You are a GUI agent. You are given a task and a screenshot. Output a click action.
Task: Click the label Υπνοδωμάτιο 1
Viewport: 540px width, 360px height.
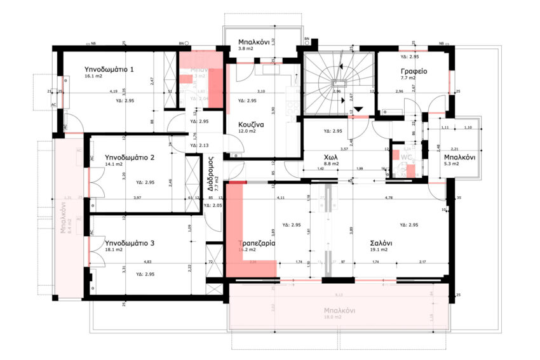click(109, 69)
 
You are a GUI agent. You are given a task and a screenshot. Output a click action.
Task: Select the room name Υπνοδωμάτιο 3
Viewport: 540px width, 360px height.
click(130, 243)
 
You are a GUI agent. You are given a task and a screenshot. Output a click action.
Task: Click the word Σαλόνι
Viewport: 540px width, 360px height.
click(381, 243)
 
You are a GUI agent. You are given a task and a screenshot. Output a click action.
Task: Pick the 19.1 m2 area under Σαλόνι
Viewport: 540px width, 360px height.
click(379, 250)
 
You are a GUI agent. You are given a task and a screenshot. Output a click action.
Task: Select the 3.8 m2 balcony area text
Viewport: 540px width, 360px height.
click(245, 48)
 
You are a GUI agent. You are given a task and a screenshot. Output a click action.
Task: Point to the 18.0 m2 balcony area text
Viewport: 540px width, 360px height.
click(337, 317)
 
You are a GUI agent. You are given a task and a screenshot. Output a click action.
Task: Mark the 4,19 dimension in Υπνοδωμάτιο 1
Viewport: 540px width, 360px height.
click(113, 91)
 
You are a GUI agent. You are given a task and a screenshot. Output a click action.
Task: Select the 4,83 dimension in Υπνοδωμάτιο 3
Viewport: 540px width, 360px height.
click(147, 261)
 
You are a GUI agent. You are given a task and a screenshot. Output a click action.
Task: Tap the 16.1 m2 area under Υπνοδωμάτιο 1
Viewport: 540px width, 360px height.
click(93, 76)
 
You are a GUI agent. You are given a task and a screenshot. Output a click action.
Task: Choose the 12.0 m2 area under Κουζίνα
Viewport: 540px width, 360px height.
click(247, 131)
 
